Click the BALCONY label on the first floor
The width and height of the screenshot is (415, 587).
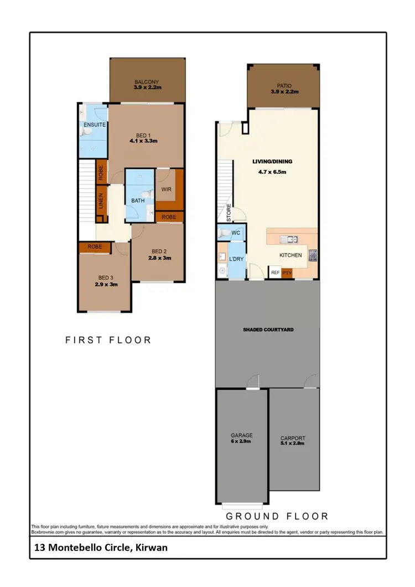146,82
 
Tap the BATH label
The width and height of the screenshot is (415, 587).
138,201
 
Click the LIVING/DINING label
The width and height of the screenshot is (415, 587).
272,162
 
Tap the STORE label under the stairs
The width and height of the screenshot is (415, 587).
228,212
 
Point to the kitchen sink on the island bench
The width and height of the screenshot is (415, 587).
289,240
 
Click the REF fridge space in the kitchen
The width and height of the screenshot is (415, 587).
274,272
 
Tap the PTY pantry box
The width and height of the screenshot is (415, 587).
287,272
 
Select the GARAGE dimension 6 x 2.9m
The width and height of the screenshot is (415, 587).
241,441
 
